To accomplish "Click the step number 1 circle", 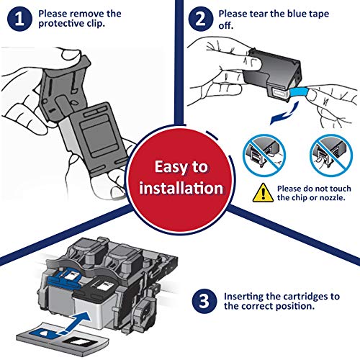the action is click(x=19, y=19).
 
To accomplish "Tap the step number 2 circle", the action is click(x=200, y=19).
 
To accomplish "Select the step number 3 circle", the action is click(x=204, y=301).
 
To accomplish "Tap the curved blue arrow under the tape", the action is click(x=284, y=113).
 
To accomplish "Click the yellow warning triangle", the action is click(x=263, y=193).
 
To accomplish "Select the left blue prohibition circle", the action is click(x=264, y=156).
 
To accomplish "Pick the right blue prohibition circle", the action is click(x=331, y=156).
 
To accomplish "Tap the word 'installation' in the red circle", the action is click(x=181, y=188).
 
